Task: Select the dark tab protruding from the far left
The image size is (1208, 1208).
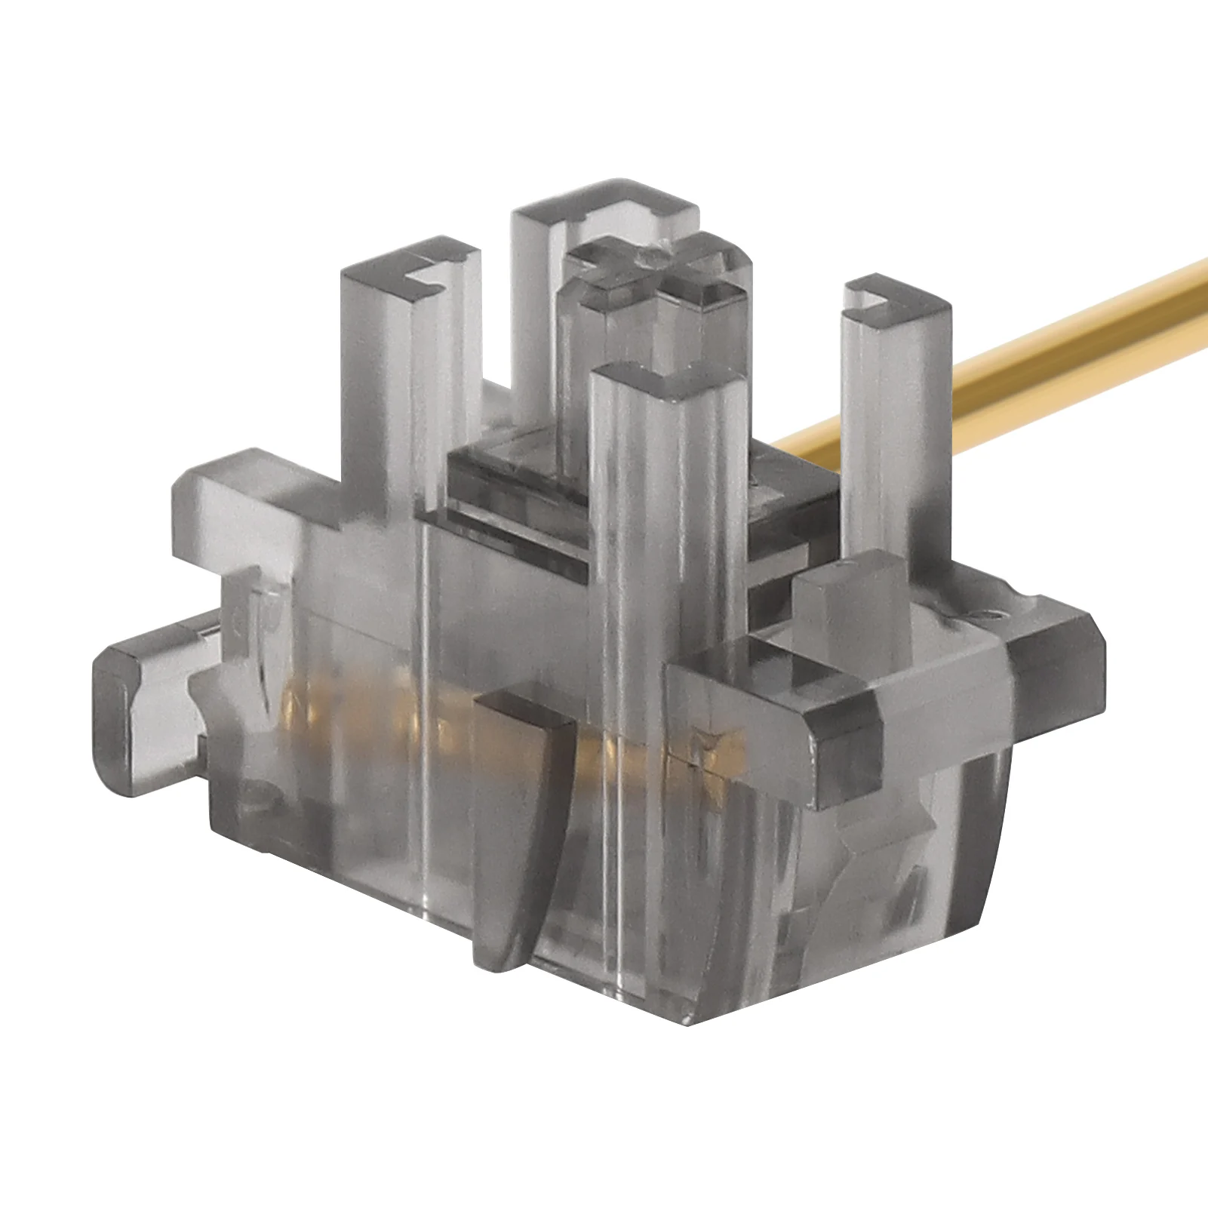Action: pyautogui.click(x=113, y=687)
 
